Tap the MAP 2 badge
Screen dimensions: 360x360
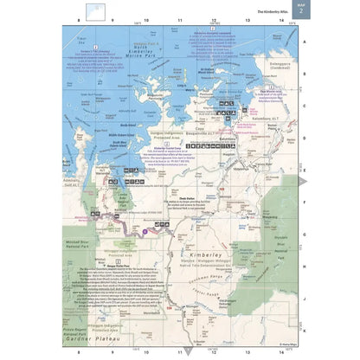(x=300, y=9)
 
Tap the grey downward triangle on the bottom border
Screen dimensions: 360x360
(x=189, y=351)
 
